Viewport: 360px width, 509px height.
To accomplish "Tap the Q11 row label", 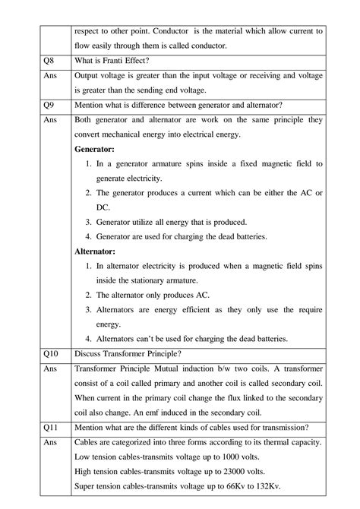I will tap(52, 427).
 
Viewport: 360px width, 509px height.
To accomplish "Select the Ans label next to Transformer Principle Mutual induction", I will tap(51, 368).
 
